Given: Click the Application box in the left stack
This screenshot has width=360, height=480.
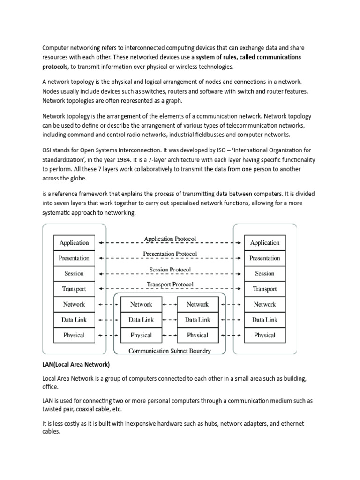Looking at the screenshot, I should [74, 243].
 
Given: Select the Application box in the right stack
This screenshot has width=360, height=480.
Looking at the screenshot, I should [265, 243].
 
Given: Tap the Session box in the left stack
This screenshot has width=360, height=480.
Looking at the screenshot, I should [74, 273].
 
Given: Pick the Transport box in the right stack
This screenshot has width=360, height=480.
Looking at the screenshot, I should [265, 289].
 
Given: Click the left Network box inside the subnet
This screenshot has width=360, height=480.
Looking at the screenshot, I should [141, 304].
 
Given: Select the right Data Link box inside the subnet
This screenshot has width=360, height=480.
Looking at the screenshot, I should [197, 320].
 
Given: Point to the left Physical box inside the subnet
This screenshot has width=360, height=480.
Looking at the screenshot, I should [141, 335].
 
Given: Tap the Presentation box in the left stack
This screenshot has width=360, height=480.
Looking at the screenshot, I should [74, 258].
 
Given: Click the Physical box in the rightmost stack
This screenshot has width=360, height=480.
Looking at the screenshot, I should [265, 335].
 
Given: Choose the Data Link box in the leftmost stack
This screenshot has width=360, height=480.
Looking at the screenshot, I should [74, 320].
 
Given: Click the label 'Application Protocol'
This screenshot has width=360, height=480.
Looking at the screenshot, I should [170, 239].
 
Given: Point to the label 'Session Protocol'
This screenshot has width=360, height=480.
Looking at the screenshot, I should [170, 270].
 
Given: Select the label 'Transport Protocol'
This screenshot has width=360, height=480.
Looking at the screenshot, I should [170, 285].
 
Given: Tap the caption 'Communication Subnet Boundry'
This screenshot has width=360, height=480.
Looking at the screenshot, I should [170, 351].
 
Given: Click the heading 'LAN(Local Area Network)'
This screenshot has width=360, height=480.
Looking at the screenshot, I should [76, 365].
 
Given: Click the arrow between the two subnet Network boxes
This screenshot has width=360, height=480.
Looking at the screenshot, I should [169, 304].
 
